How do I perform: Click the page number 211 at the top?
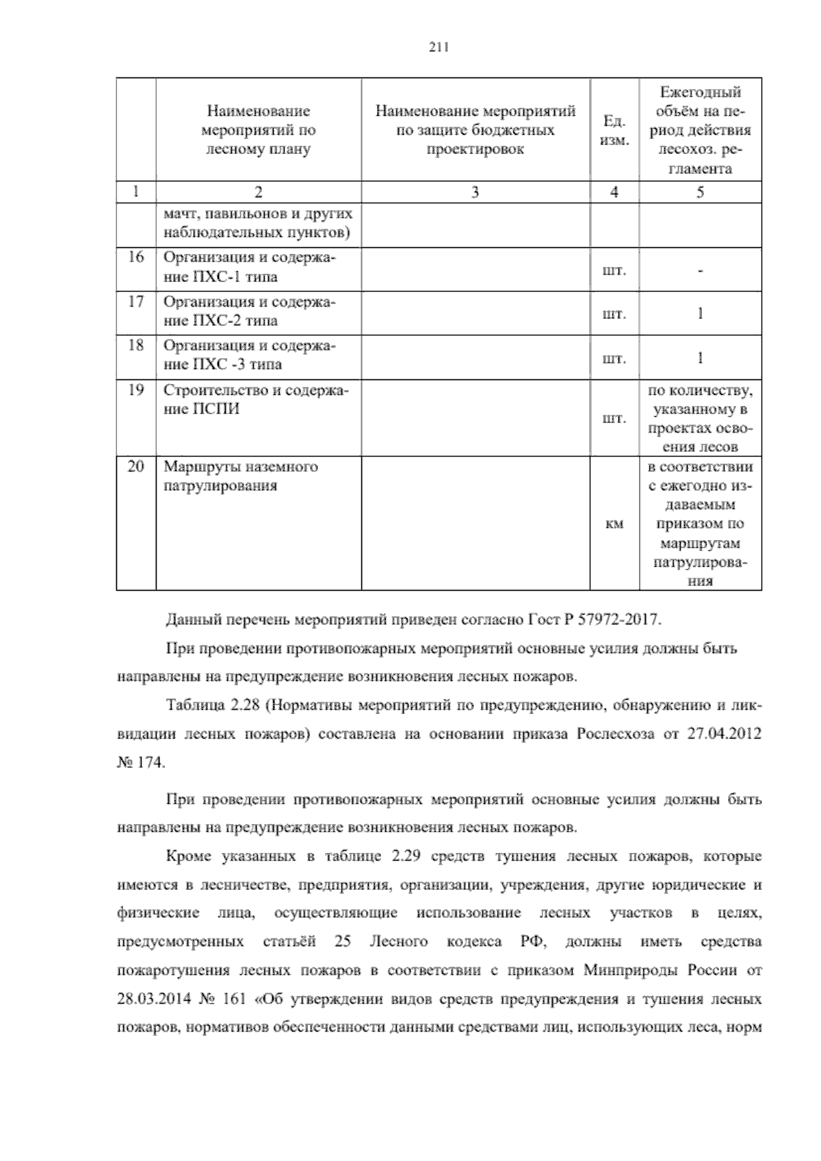[x=437, y=47]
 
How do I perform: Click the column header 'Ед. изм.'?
[x=614, y=130]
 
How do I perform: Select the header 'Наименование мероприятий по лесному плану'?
[x=259, y=130]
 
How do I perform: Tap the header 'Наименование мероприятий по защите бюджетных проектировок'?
[x=475, y=130]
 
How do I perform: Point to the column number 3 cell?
[x=475, y=192]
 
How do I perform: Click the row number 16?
[x=136, y=257]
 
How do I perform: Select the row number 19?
[x=136, y=390]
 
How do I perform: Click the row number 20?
[x=136, y=467]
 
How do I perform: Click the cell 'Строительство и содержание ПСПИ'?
[x=255, y=400]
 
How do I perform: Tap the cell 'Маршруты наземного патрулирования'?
[x=240, y=476]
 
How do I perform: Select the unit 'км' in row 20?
[x=614, y=524]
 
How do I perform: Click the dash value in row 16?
[x=700, y=270]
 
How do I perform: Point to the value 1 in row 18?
[x=700, y=357]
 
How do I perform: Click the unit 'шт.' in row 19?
[x=614, y=418]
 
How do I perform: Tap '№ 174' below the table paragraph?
[x=141, y=763]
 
